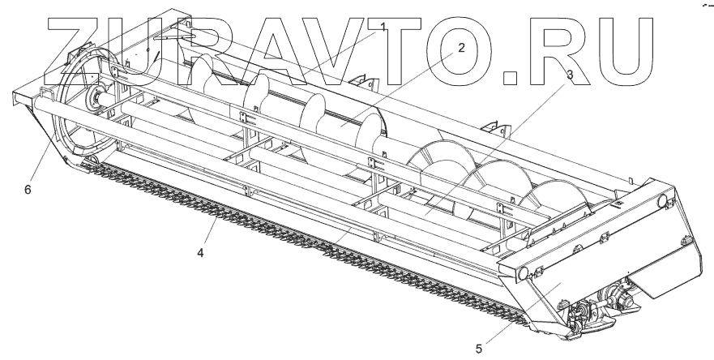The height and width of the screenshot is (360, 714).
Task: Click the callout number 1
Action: (x=381, y=28)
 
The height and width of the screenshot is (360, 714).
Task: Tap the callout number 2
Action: (x=460, y=47)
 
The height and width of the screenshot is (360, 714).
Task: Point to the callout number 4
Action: (x=199, y=252)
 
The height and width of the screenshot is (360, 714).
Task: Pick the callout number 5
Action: (x=479, y=349)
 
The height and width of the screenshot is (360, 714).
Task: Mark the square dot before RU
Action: (x=511, y=78)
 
